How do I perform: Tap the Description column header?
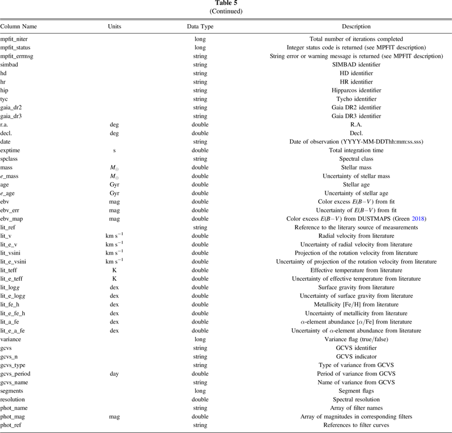(356, 26)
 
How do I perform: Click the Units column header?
(115, 26)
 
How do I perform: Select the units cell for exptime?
(115, 151)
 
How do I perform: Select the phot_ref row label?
(13, 425)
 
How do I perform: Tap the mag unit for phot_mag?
(115, 416)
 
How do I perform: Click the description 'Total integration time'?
(356, 151)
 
